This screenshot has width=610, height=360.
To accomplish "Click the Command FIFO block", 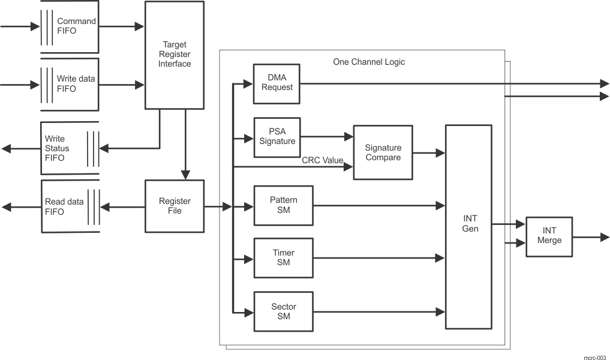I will (x=69, y=26).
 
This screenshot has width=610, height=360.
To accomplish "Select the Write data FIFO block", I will (x=69, y=84).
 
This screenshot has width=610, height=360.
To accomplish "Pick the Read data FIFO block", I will (x=69, y=206).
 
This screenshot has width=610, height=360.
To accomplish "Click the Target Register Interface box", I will (x=174, y=55).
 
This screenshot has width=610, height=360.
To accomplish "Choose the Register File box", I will (x=174, y=206).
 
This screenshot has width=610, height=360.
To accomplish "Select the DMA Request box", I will (x=277, y=83).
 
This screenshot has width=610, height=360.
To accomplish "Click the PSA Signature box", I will (x=277, y=137).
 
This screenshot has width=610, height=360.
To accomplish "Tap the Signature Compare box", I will (x=383, y=152).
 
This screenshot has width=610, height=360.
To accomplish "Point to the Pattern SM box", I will (x=283, y=205).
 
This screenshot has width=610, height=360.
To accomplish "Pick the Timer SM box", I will (x=283, y=257).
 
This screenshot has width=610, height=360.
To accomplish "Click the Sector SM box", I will (x=283, y=311).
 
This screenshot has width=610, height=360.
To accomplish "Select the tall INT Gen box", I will (x=468, y=227).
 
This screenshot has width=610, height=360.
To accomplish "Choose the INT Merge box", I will (x=549, y=236).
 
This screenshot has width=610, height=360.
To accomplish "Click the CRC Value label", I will (x=322, y=160).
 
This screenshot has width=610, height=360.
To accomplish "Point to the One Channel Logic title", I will (x=368, y=62).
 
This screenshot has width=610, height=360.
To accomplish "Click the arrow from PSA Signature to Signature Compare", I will (x=326, y=137).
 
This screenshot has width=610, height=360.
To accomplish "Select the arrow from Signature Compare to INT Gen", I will (x=428, y=154).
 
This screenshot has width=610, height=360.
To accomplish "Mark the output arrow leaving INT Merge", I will (x=590, y=237).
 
